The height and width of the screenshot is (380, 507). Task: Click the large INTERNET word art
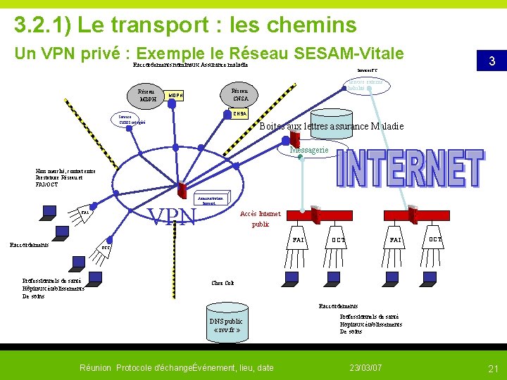tap(410, 168)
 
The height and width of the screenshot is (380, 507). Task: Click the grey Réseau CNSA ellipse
tap(239, 94)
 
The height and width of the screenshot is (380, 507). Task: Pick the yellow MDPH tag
tap(175, 96)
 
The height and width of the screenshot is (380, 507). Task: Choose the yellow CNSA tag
tap(239, 113)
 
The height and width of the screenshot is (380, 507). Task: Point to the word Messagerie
tap(308, 151)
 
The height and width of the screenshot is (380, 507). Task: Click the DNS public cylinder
tap(225, 322)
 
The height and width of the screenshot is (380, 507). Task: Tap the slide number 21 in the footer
tap(493, 368)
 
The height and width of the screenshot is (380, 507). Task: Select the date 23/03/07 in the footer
tap(365, 368)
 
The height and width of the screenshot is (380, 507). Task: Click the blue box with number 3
tap(492, 61)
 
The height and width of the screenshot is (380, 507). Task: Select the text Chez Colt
tap(222, 284)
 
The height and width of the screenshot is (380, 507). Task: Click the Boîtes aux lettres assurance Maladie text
tap(332, 127)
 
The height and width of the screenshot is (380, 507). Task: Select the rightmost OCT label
tap(435, 240)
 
